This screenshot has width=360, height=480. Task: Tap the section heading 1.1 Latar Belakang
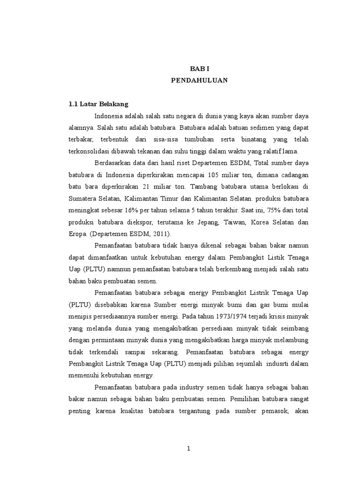[x=98, y=104]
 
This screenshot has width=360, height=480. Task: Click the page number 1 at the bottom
[x=188, y=449]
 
